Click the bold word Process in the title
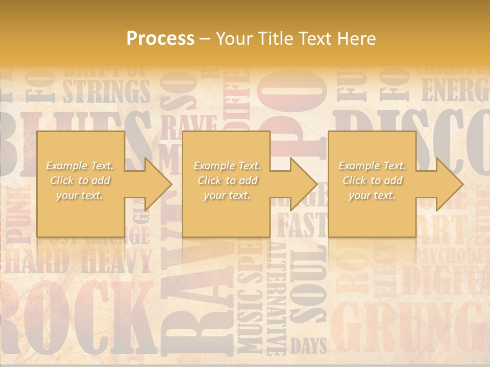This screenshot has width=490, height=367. pyautogui.click(x=160, y=39)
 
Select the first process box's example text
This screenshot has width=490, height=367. pyautogui.click(x=80, y=180)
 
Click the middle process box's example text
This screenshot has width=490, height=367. pyautogui.click(x=227, y=180)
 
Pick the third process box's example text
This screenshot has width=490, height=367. pyautogui.click(x=372, y=180)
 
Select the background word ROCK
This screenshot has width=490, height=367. pyautogui.click(x=77, y=316)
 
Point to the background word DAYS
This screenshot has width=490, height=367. pyautogui.click(x=308, y=347)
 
